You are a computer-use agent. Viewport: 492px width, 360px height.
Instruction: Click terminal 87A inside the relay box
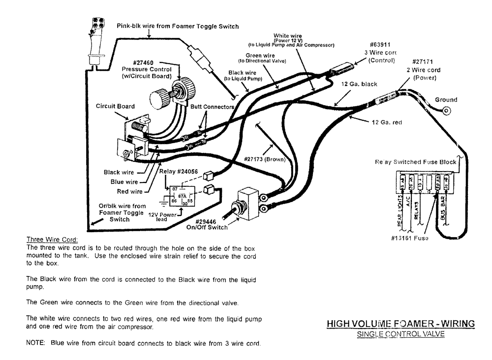point(182,195)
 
